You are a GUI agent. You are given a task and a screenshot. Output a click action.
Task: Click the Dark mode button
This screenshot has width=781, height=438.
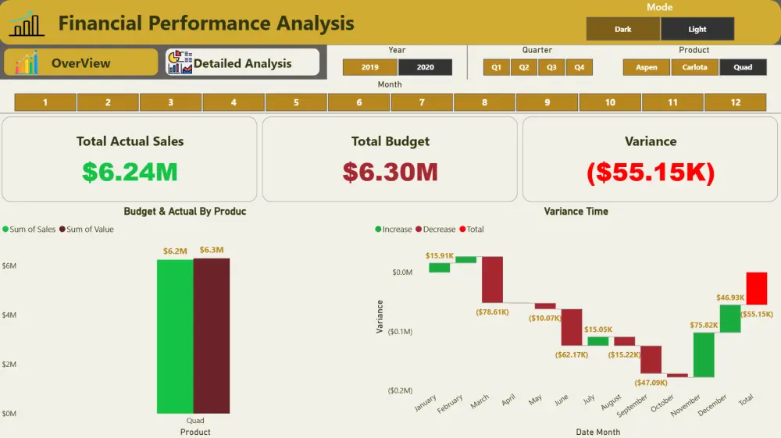click(x=622, y=30)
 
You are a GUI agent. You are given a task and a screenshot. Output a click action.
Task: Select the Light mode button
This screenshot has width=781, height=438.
click(x=697, y=30)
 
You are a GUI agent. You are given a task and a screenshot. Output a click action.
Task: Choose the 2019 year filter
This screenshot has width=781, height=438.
click(x=369, y=68)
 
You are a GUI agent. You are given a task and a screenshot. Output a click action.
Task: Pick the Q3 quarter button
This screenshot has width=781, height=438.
click(x=551, y=68)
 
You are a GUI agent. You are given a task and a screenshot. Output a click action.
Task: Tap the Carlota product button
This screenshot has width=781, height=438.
click(x=694, y=68)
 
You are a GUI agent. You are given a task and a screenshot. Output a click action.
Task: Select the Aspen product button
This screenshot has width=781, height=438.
click(x=646, y=68)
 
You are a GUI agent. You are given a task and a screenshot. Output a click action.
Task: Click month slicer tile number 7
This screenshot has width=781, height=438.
click(x=422, y=102)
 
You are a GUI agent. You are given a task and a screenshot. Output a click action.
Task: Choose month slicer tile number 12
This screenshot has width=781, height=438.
click(x=735, y=102)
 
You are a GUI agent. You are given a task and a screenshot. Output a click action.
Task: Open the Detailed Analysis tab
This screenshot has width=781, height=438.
click(x=242, y=63)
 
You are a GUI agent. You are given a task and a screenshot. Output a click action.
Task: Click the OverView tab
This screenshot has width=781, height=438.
click(x=80, y=63)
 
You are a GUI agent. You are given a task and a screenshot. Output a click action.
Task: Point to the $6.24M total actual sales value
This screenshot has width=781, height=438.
click(x=130, y=172)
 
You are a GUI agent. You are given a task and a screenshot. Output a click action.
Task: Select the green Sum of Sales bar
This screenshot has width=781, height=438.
click(x=175, y=336)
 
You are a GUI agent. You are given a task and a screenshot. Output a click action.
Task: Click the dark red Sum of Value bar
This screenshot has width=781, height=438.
click(x=212, y=336)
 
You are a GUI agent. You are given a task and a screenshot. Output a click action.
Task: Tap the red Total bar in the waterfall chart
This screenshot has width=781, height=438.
click(x=756, y=288)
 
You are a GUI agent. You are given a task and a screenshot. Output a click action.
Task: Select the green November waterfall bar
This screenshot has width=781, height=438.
click(x=704, y=354)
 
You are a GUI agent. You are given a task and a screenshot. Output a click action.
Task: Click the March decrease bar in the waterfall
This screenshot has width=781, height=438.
click(x=492, y=279)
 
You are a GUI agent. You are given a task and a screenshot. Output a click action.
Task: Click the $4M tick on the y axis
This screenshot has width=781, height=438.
click(x=9, y=315)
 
